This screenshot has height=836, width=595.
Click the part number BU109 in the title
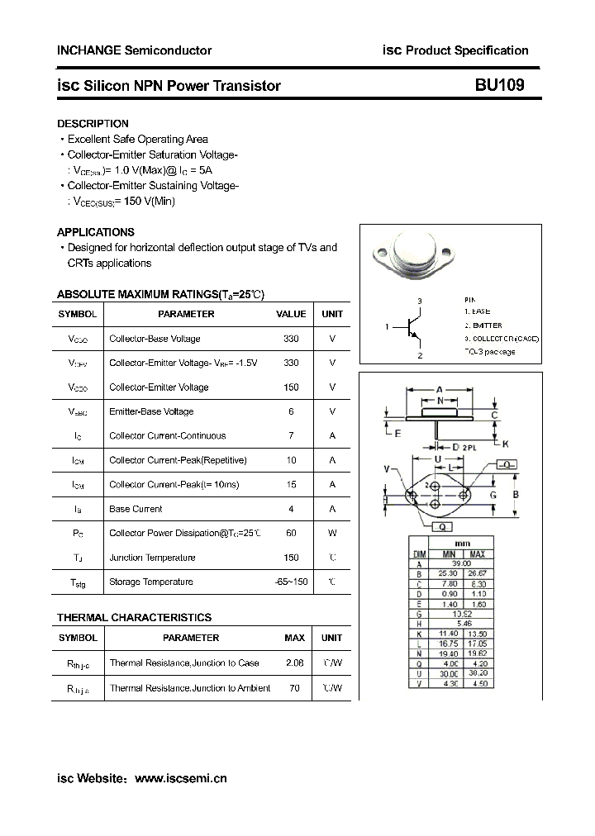(x=498, y=85)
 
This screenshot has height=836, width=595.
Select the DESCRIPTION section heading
(x=93, y=124)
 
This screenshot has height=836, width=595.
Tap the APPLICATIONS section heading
(x=95, y=232)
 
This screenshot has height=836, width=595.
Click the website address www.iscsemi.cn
(x=180, y=777)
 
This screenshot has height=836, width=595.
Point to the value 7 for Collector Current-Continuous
(x=291, y=435)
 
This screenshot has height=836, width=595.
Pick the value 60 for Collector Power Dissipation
(x=291, y=533)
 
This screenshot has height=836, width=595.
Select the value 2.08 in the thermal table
(x=294, y=663)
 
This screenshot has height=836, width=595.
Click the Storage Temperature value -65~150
(x=291, y=582)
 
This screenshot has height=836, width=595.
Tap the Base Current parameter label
(x=136, y=509)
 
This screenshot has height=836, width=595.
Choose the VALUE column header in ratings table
(x=291, y=314)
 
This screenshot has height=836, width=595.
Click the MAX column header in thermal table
(x=294, y=638)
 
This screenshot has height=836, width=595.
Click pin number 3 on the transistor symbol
(x=420, y=302)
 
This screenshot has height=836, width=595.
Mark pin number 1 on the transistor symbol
(x=387, y=327)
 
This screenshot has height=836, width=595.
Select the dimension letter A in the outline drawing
(x=440, y=389)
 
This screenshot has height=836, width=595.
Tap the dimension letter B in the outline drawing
(x=515, y=495)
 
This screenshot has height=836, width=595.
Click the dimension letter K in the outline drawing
(x=506, y=444)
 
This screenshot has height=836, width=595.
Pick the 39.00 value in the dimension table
(x=462, y=563)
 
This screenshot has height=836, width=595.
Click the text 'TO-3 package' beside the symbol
(x=489, y=352)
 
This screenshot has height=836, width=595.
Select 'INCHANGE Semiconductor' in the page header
(x=134, y=50)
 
